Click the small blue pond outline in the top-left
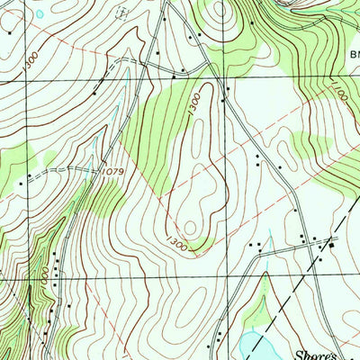pos(39,15)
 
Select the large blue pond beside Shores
pos(251,346)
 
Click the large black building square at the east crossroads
pos(331,245)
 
